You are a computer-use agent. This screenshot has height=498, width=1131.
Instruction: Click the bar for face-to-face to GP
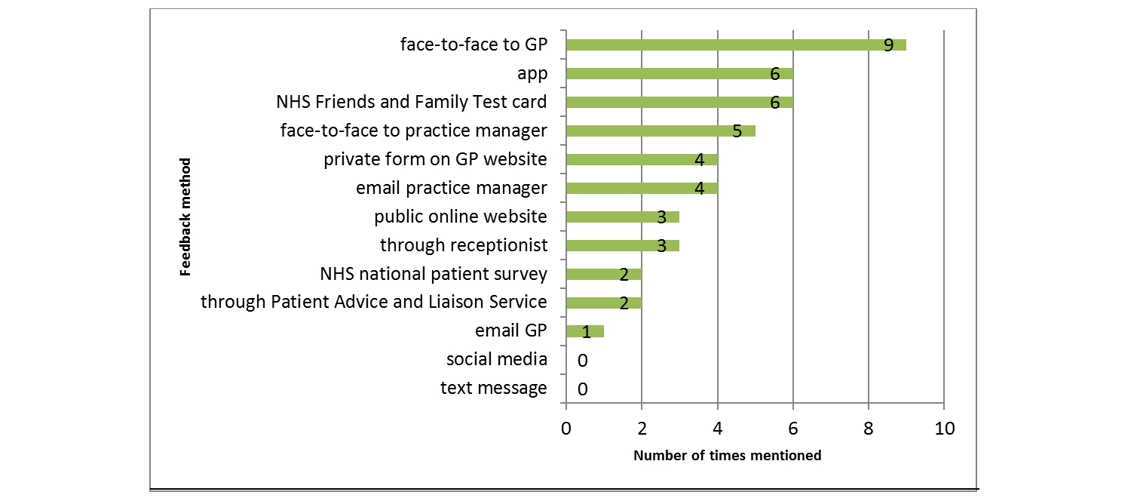click(735, 45)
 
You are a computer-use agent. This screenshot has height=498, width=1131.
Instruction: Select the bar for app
click(679, 73)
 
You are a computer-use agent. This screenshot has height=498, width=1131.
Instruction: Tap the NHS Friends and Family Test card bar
click(679, 102)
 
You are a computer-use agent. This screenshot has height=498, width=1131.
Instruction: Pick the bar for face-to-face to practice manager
click(660, 131)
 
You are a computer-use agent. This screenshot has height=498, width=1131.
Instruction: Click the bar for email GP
click(584, 331)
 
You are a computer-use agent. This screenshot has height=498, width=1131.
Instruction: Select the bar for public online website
click(622, 217)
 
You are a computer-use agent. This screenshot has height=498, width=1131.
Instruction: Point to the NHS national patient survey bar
click(603, 274)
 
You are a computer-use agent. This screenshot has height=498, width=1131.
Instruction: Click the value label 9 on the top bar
click(888, 45)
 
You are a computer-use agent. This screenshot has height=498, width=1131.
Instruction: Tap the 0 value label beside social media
click(582, 361)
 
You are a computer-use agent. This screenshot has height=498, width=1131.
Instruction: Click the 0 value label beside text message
click(582, 389)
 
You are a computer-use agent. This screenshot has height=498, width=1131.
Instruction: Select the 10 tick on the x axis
click(944, 429)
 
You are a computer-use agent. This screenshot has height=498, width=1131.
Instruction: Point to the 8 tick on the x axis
click(869, 429)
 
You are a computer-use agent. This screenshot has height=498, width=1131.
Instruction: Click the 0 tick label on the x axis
click(566, 429)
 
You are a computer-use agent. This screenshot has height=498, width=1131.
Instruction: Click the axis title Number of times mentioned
click(727, 456)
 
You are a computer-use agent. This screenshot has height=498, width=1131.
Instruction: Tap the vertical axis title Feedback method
click(185, 217)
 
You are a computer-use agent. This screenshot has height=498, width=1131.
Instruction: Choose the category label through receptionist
click(463, 245)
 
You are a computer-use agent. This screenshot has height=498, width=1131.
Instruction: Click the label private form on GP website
click(435, 159)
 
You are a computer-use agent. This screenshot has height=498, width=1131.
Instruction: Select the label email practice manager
click(451, 188)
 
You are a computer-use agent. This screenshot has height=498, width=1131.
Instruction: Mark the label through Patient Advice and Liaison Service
click(373, 303)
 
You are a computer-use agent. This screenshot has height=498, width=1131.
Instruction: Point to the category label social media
click(496, 360)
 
